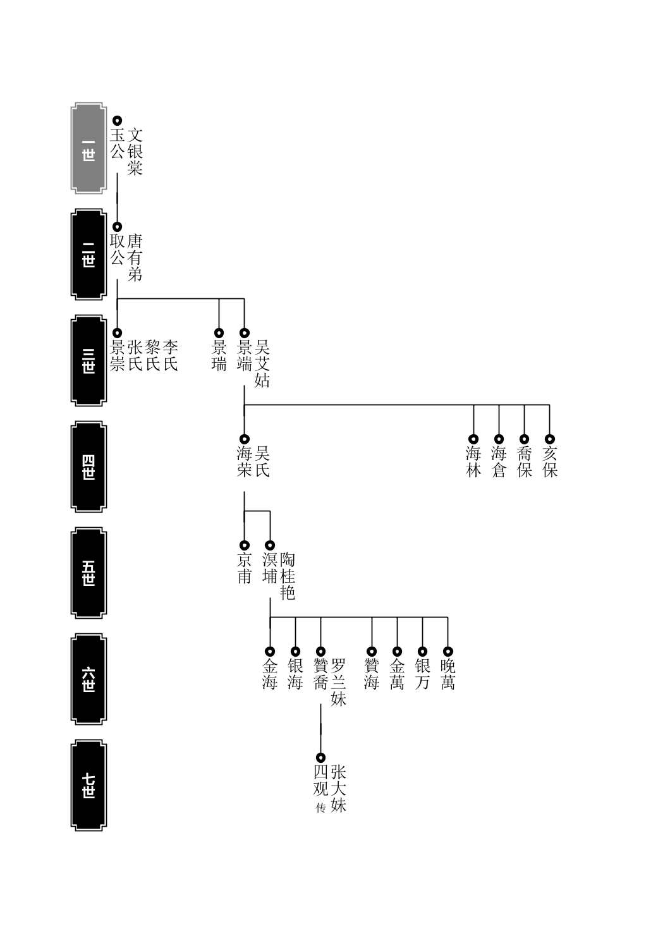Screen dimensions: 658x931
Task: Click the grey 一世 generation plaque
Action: (88, 149)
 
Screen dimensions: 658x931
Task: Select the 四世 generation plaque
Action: (88, 466)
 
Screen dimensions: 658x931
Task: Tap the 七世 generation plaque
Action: (88, 785)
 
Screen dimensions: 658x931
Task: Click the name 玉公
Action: (117, 143)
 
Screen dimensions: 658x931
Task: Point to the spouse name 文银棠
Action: (135, 152)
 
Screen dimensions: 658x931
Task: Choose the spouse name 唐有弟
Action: (135, 258)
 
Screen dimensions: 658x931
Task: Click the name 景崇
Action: (117, 356)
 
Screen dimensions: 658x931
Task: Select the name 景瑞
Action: (219, 356)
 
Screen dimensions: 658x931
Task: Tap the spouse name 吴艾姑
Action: (262, 364)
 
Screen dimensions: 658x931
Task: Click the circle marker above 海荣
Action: (245, 439)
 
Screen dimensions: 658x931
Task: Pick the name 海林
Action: (473, 462)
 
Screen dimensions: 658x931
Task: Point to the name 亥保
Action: (549, 462)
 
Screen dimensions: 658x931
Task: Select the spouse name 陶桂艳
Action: (287, 576)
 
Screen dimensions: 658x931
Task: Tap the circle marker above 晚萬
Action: (448, 651)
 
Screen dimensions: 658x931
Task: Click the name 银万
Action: (422, 674)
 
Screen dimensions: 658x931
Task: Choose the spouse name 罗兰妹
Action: (338, 683)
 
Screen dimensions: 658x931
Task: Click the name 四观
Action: (320, 780)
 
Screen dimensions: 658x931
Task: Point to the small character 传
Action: (320, 808)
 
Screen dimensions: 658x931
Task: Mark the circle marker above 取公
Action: (117, 227)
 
